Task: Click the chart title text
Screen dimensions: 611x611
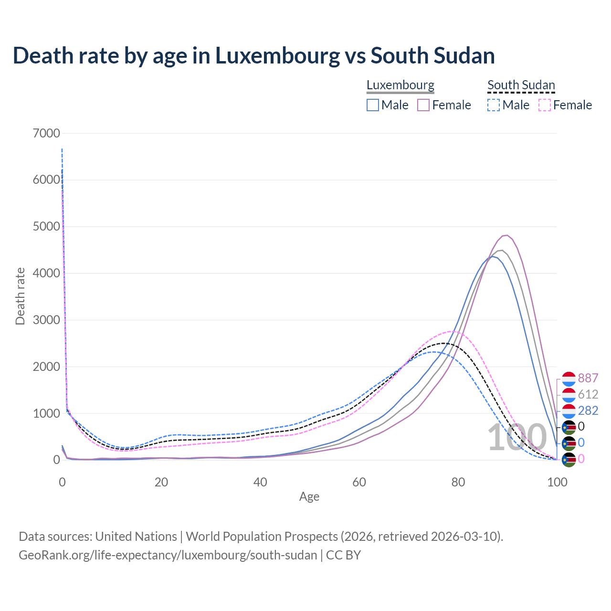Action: pyautogui.click(x=253, y=55)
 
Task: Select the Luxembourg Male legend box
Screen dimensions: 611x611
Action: pyautogui.click(x=373, y=105)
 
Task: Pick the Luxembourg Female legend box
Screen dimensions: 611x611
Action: pyautogui.click(x=424, y=105)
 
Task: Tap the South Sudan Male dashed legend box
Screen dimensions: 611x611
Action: pyautogui.click(x=494, y=105)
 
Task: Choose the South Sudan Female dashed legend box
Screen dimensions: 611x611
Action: pyautogui.click(x=545, y=105)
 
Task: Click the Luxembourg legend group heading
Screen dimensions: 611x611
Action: pyautogui.click(x=400, y=85)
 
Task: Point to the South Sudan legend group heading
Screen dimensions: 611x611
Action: pyautogui.click(x=521, y=85)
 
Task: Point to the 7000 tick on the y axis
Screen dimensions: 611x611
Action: pyautogui.click(x=46, y=133)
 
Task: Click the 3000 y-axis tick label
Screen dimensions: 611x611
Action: pyautogui.click(x=46, y=320)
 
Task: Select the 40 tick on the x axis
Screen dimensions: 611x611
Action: pyautogui.click(x=260, y=482)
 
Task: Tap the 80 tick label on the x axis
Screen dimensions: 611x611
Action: pyautogui.click(x=458, y=482)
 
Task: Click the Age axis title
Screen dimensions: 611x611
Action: pyautogui.click(x=309, y=497)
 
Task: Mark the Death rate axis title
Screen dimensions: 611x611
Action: pyautogui.click(x=20, y=296)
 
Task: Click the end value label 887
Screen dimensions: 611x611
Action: pyautogui.click(x=588, y=379)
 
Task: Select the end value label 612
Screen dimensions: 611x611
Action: pyautogui.click(x=588, y=395)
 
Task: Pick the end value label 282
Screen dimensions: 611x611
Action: pyautogui.click(x=588, y=411)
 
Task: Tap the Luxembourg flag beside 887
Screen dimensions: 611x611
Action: pyautogui.click(x=569, y=379)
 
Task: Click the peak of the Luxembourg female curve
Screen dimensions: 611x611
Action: pyautogui.click(x=506, y=235)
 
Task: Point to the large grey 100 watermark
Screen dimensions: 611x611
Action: pyautogui.click(x=517, y=438)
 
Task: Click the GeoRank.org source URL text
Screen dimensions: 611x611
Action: pyautogui.click(x=168, y=555)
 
